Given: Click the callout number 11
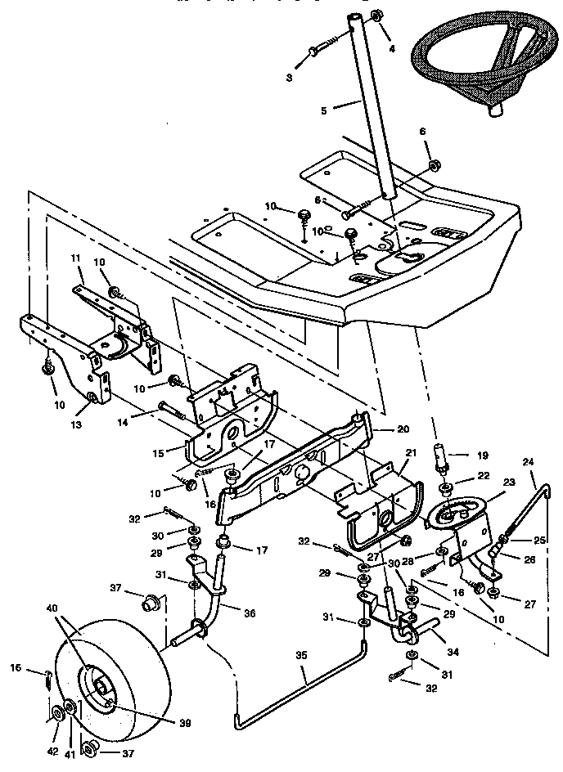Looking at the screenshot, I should click(76, 258).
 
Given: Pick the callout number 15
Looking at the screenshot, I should click(159, 451).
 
